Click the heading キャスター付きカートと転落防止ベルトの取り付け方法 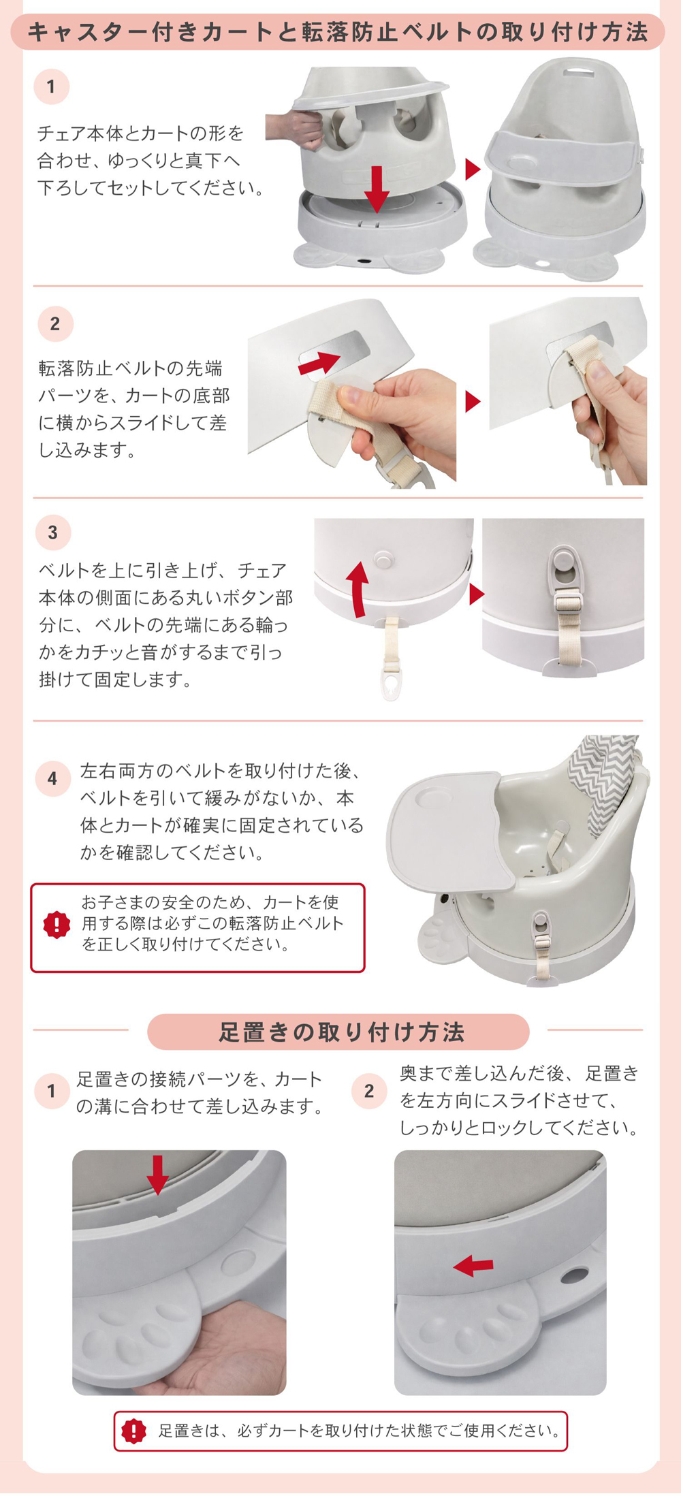pos(338,32)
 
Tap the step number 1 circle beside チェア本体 pos(51,86)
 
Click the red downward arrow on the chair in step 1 pos(377,189)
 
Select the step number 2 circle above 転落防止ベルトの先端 pos(55,323)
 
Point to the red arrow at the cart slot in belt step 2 pos(319,363)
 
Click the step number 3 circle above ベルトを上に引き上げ pos(53,532)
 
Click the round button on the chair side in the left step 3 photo pos(384,560)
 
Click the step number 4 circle pos(53,778)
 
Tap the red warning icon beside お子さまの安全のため pos(57,925)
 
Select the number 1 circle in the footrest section pos(52,1091)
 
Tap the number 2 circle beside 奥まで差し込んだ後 pos(369,1091)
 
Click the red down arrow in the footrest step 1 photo pos(157,1175)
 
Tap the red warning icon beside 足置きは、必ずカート pos(134,1431)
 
